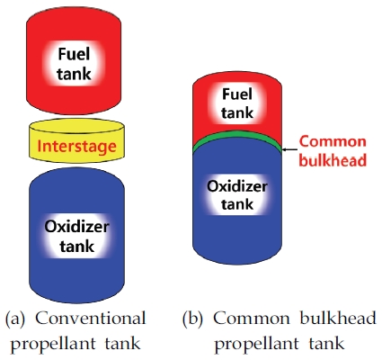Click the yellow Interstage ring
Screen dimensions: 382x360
pos(76,141)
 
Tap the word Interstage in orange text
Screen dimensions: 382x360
pos(76,146)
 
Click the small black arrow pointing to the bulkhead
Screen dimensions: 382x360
pos(289,149)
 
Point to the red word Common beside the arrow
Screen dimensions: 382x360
pos(333,141)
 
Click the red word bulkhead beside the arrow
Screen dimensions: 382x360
pos(333,159)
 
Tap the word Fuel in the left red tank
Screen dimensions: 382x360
pos(74,54)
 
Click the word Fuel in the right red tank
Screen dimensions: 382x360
pos(237,94)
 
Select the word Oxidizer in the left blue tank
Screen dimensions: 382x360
pos(76,227)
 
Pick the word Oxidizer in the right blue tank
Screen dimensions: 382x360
pos(237,186)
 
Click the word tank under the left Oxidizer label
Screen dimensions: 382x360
pos(77,246)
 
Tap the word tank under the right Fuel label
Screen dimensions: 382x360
pos(237,112)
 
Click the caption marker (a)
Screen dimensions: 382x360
pos(15,319)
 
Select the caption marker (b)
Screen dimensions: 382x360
pos(192,319)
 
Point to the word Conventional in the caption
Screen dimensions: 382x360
pos(91,319)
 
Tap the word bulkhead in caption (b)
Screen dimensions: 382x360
pos(338,318)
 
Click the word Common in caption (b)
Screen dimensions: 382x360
pos(252,319)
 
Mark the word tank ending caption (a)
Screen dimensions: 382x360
pos(122,344)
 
